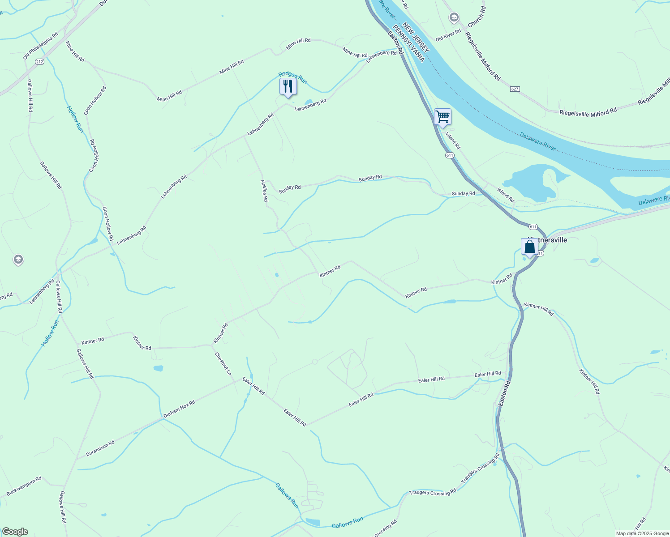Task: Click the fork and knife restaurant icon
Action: (x=288, y=86)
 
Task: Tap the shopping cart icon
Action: (x=442, y=117)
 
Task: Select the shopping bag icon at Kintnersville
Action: (x=529, y=247)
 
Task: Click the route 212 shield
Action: (x=40, y=62)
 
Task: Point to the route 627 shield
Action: (x=515, y=89)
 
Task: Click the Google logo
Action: (x=15, y=532)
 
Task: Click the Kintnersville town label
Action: (x=547, y=240)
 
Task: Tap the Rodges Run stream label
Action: (x=292, y=77)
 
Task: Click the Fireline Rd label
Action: (x=264, y=191)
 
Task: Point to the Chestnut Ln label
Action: (x=223, y=363)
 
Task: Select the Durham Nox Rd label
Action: (x=179, y=409)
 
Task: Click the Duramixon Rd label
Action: (x=100, y=448)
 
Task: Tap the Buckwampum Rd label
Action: (x=24, y=486)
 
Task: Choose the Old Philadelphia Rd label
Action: (x=40, y=46)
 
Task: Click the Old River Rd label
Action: (x=448, y=35)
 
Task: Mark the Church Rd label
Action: (x=476, y=17)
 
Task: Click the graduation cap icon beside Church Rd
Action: (x=454, y=17)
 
